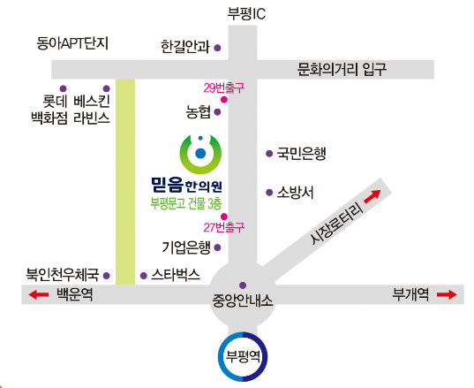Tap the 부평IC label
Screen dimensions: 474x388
(x=246, y=13)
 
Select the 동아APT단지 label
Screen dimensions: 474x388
(x=72, y=43)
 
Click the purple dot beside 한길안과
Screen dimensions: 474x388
(x=217, y=48)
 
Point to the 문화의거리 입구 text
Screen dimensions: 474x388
(x=342, y=69)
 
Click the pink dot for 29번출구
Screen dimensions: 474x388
(x=224, y=100)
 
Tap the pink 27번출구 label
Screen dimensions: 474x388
(x=223, y=227)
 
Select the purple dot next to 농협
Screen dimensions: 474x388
(x=217, y=112)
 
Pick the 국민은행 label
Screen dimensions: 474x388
(x=301, y=154)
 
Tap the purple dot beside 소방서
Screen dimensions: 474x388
(x=269, y=192)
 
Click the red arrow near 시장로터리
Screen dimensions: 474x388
(x=372, y=196)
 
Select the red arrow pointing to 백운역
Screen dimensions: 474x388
(x=38, y=294)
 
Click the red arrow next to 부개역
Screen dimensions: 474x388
(x=447, y=294)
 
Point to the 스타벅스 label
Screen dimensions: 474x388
(x=176, y=275)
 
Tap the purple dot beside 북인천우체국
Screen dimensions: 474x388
(x=107, y=276)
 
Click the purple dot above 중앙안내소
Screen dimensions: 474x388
(x=243, y=285)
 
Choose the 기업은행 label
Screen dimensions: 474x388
(x=186, y=247)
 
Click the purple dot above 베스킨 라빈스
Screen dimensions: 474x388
(x=107, y=88)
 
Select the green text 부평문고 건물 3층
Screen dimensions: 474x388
(x=186, y=203)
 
